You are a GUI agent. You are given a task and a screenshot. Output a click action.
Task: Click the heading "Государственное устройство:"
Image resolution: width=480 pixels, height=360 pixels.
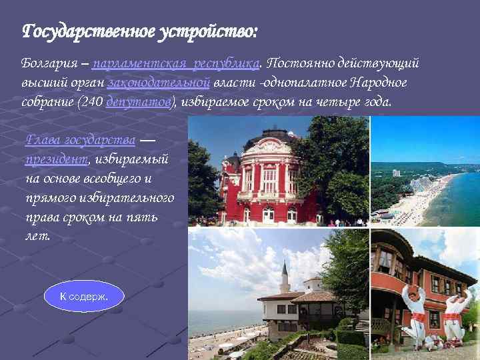tap(139, 31)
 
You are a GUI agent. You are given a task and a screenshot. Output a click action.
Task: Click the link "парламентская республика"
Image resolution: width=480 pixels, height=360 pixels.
tap(176, 64)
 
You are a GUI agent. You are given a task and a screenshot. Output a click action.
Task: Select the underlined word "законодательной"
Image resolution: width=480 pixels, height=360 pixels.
tap(159, 83)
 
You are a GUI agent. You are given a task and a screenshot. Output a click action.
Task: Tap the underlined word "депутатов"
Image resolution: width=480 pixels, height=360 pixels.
tap(140, 103)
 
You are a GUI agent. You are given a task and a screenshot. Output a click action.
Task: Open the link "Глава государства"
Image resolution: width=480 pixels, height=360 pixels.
tap(81, 140)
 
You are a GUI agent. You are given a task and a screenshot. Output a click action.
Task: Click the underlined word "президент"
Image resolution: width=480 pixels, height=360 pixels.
tap(57, 159)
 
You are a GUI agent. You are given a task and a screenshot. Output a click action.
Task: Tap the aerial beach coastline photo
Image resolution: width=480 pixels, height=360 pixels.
tap(425, 193)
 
